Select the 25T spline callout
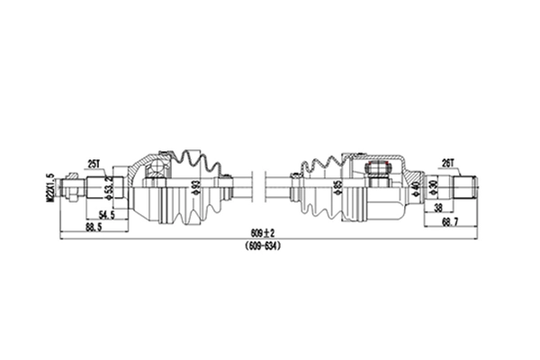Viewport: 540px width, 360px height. pyautogui.click(x=94, y=163)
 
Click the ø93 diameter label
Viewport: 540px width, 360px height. pyautogui.click(x=194, y=189)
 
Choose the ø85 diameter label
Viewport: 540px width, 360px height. pyautogui.click(x=337, y=189)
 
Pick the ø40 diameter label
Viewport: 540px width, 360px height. pyautogui.click(x=415, y=189)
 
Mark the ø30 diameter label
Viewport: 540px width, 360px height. pyautogui.click(x=434, y=189)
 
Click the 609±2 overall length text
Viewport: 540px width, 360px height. pyautogui.click(x=264, y=233)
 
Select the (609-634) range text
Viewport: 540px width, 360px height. pyautogui.click(x=264, y=245)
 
